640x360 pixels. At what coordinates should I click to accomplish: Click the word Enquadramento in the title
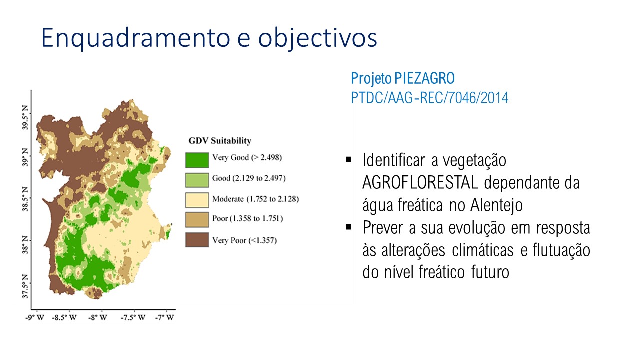pos(135,38)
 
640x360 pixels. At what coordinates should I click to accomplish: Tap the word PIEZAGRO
pos(424,78)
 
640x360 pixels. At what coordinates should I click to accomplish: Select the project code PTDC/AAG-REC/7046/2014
pos(429,98)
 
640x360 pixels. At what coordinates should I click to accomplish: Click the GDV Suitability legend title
pos(220,141)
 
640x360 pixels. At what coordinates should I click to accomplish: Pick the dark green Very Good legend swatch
pos(197,160)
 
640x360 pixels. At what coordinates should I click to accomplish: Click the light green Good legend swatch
pos(197,180)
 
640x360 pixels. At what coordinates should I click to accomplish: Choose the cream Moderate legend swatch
pos(197,200)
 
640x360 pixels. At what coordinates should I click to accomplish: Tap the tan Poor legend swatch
pos(197,219)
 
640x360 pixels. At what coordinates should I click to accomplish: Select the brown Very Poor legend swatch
pos(197,239)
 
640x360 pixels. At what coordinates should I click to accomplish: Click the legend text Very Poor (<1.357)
pos(245,240)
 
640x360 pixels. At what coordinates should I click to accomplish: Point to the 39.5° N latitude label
pos(25,117)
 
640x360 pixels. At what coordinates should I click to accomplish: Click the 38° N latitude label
pos(25,245)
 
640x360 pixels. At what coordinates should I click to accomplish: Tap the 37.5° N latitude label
pos(25,286)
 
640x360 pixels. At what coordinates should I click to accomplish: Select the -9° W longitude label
pos(35,317)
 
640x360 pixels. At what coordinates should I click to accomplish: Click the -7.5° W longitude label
pos(133,317)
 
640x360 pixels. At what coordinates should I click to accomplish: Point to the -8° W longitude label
pos(97,317)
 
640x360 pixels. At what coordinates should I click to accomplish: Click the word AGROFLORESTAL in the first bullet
pos(420,182)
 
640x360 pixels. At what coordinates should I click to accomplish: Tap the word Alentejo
pos(497,205)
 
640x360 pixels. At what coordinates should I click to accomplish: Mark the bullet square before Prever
pos(349,227)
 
